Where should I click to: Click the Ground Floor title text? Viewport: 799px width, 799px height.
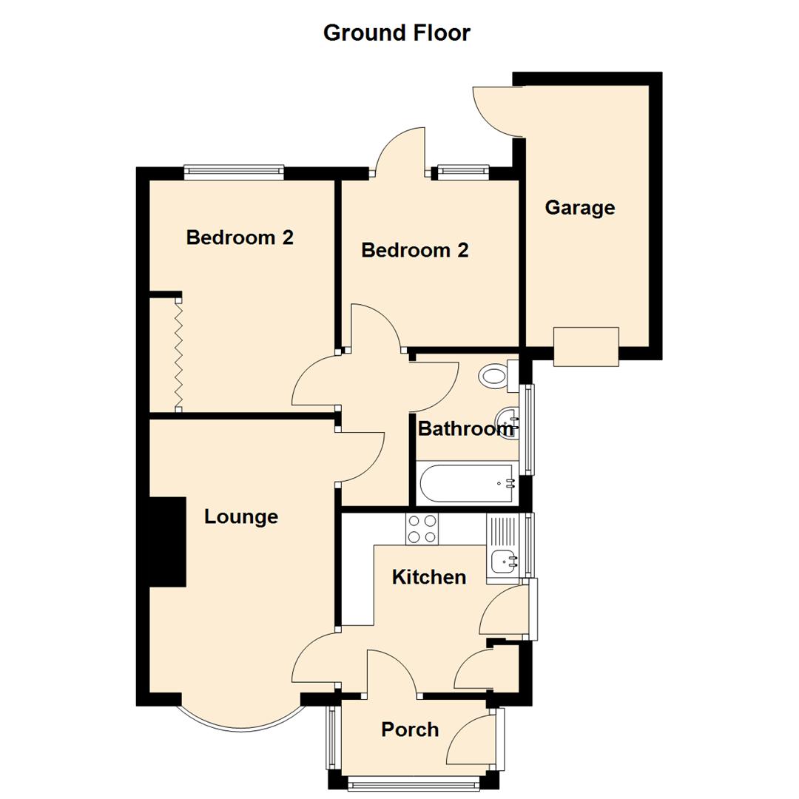click(x=397, y=33)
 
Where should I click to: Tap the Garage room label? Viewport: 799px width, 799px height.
click(x=579, y=208)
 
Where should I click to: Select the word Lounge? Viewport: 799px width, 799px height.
click(x=241, y=516)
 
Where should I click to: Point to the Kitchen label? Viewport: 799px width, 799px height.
click(x=429, y=576)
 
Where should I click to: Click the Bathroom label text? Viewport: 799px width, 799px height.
click(x=465, y=428)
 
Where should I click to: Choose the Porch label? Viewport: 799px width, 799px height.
click(x=410, y=729)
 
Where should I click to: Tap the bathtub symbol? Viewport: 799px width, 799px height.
click(x=467, y=484)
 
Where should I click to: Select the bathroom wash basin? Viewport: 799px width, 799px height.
click(x=508, y=422)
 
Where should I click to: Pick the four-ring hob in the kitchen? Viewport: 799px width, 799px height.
click(x=422, y=529)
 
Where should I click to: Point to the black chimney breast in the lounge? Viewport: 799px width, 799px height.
click(x=167, y=542)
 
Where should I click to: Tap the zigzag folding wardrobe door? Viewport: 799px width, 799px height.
click(x=178, y=352)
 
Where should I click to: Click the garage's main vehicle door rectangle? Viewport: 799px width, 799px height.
click(x=586, y=346)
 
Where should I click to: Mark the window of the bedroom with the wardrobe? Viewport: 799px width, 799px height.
click(x=234, y=172)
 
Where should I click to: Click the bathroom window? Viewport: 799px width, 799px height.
click(x=528, y=429)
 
